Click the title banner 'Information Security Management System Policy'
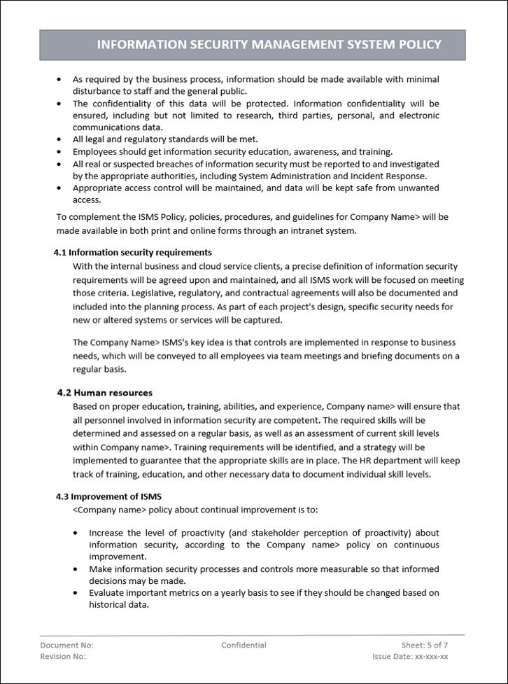[269, 45]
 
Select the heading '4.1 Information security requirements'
[132, 252]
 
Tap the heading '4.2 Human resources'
[104, 393]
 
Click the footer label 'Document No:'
[66, 645]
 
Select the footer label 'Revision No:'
[63, 656]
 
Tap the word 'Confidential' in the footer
[244, 645]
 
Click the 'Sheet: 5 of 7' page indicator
[425, 645]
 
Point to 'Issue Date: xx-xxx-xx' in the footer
[410, 656]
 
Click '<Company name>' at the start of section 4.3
[105, 509]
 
